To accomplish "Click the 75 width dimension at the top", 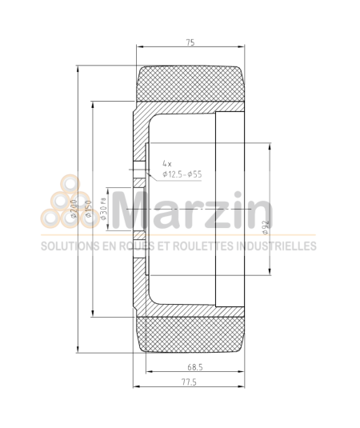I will coord(191,41).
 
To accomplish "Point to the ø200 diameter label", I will coord(73,210).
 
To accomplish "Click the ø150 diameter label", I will coord(89,210).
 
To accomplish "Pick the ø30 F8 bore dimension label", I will coord(103,210).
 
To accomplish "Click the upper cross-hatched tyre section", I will coord(192,82).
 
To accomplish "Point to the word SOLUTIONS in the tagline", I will coord(67,246).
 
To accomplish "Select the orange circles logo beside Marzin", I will coord(65,210).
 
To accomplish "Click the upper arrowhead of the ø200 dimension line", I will coord(78,68).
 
